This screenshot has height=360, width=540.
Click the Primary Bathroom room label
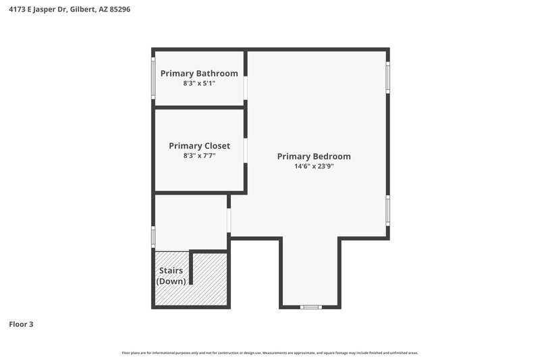(x=198, y=73)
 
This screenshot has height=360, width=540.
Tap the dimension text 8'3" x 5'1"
(x=198, y=84)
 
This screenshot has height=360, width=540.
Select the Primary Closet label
(x=199, y=145)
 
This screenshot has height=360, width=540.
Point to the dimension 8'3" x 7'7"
(x=199, y=155)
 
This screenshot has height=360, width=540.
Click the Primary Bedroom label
(x=313, y=156)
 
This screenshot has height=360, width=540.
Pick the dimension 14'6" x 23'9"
(x=313, y=166)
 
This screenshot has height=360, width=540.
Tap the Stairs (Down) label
(x=171, y=276)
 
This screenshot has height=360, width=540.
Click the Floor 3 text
(x=21, y=324)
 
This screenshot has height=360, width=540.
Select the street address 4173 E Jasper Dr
(x=37, y=9)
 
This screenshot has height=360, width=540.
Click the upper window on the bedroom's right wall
(x=387, y=77)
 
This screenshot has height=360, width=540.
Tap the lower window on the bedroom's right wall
(x=387, y=210)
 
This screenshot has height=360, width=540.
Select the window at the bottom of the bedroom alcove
(x=311, y=307)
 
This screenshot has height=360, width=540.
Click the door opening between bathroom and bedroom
(x=246, y=88)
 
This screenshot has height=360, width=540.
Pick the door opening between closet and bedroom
(x=246, y=151)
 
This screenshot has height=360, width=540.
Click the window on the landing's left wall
(x=153, y=236)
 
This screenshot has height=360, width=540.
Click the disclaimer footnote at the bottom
(x=269, y=353)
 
